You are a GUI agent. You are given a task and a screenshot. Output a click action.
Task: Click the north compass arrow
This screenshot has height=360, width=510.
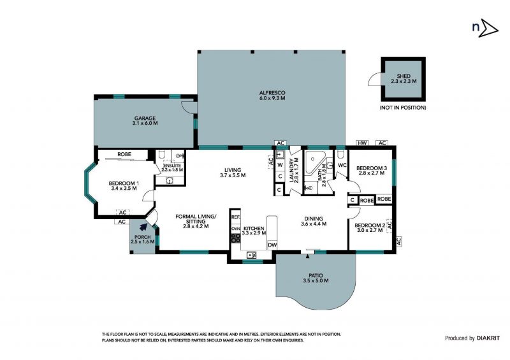488,28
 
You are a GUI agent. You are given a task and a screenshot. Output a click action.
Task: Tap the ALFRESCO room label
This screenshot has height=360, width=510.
272,92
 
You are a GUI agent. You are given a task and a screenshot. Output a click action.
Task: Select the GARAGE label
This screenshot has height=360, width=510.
145,118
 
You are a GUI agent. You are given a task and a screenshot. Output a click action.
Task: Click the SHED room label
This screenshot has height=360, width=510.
404,76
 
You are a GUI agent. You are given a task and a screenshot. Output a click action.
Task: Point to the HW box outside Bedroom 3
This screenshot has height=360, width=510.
362,143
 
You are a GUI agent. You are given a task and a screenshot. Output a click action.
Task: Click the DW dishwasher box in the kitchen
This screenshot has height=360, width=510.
272,245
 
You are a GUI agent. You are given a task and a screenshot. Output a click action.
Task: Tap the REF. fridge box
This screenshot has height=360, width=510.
235,217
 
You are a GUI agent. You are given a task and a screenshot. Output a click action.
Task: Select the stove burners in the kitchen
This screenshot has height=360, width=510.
235,238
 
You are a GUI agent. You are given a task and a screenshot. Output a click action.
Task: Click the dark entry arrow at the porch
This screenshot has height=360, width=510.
142,226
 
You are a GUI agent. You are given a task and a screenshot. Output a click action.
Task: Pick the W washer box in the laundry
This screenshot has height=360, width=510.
280,165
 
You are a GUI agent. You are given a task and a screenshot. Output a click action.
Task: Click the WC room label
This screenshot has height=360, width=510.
342,165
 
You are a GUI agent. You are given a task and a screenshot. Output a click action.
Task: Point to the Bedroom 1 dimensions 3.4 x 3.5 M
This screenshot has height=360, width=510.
124,188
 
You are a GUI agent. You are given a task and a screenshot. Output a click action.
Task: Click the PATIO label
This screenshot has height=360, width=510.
316,275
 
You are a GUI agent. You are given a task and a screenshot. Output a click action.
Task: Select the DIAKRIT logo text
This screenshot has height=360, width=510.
488,338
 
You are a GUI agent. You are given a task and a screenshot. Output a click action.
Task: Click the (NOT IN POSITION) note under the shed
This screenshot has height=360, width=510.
403,107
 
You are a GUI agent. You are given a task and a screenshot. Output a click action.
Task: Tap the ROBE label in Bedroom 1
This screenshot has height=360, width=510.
124,154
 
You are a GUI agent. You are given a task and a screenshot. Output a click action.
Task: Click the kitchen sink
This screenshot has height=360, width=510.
251,254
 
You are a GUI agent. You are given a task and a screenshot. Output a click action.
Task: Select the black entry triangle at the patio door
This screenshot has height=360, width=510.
308,257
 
